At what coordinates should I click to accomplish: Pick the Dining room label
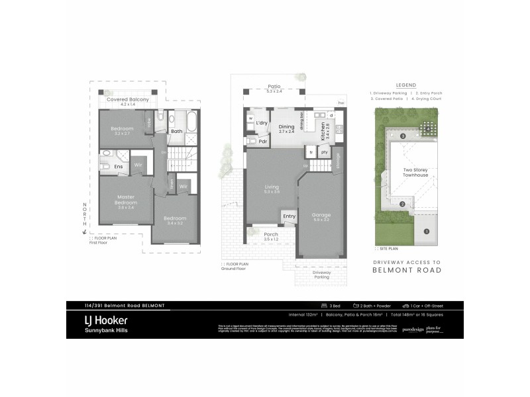tap(286, 128)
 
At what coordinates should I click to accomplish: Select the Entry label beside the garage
tap(289, 216)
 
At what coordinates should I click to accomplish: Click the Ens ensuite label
tap(119, 167)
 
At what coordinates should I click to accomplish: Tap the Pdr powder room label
tap(263, 141)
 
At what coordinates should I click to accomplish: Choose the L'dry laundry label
tap(262, 123)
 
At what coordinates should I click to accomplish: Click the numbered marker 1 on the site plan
tap(426, 232)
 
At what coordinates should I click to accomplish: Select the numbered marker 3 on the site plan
tap(403, 136)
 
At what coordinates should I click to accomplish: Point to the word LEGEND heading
tap(405, 85)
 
